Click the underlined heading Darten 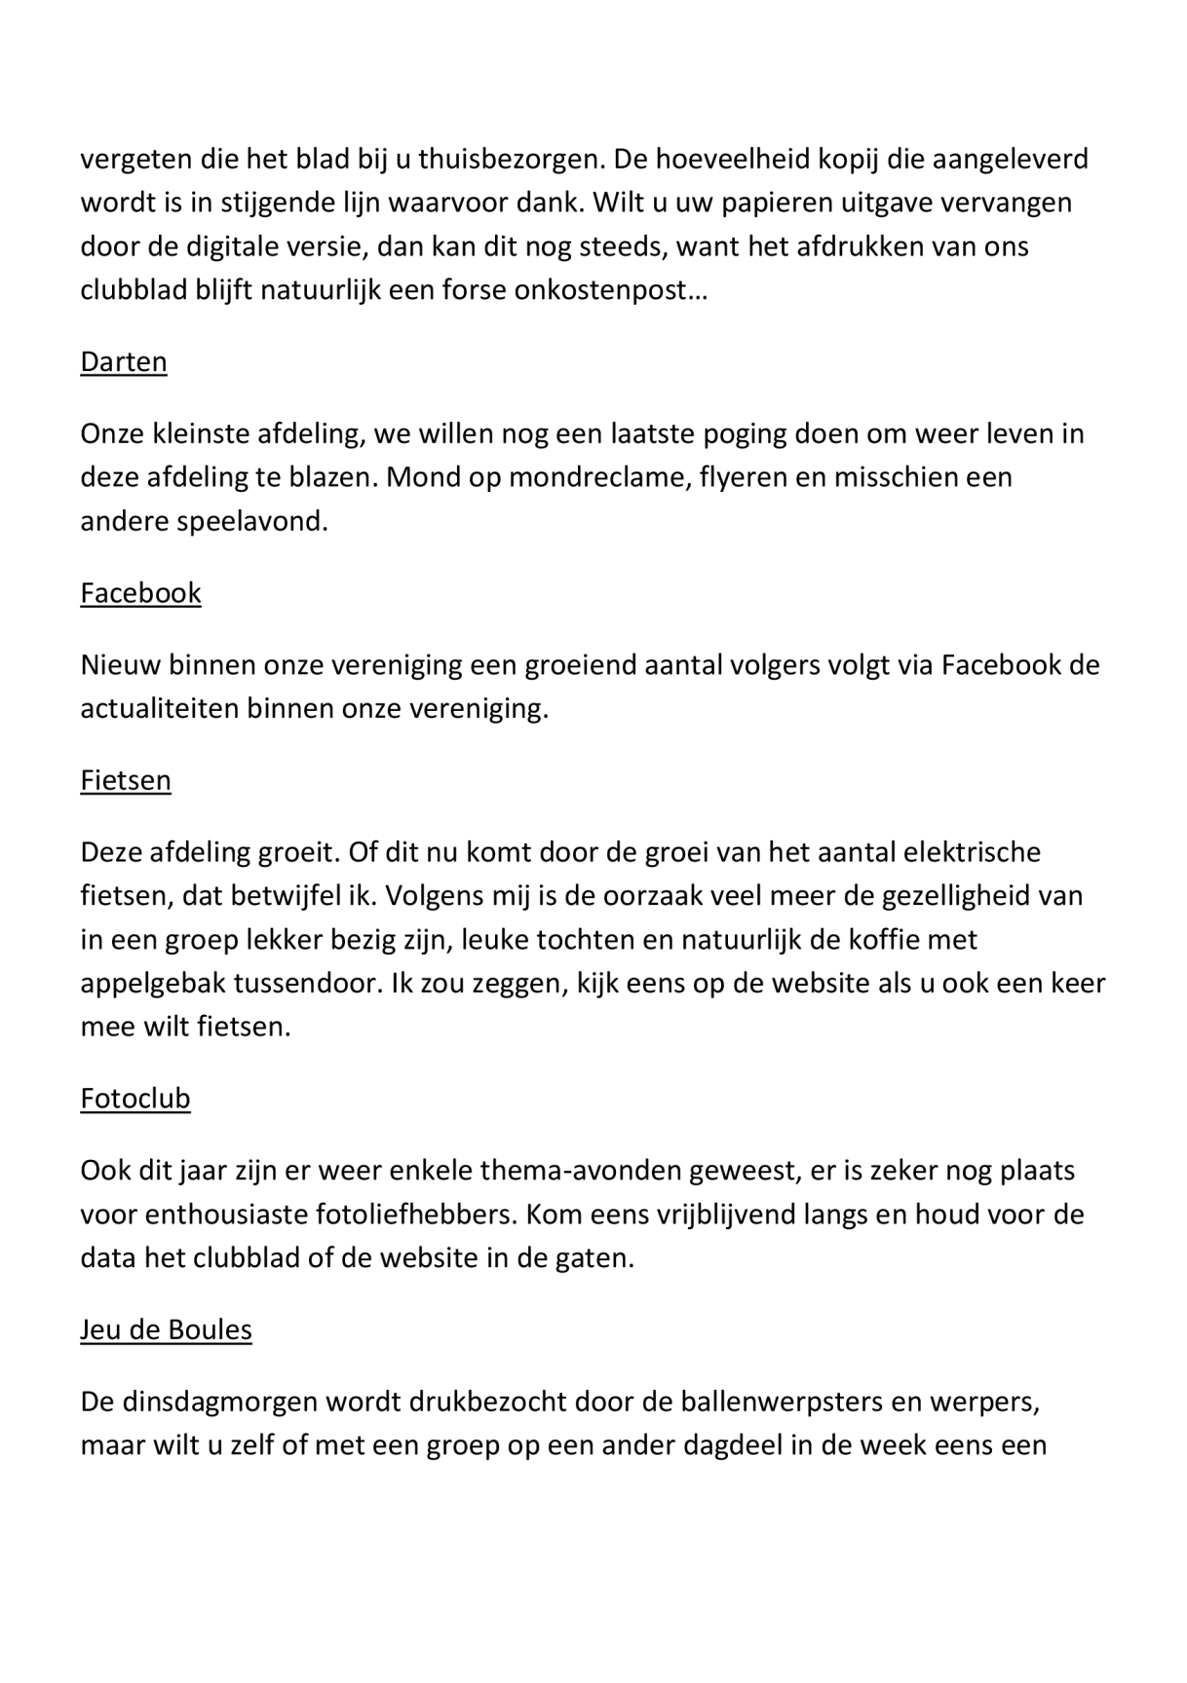[124, 362]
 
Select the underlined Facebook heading [140, 593]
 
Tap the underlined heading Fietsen [126, 781]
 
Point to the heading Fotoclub [135, 1099]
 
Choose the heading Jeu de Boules [166, 1330]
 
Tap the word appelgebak [153, 984]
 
